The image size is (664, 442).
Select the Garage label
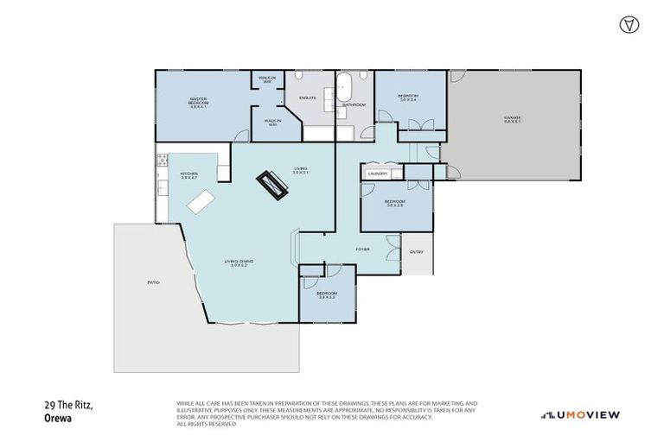[513, 119]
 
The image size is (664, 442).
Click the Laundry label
[376, 174]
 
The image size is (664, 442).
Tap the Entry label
[417, 252]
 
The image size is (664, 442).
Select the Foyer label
[363, 249]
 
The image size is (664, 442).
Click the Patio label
[153, 282]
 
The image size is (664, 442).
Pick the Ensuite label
[308, 98]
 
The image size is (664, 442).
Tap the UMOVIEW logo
[579, 414]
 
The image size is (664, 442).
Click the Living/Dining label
[236, 262]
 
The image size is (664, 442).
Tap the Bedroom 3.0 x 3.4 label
[408, 98]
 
